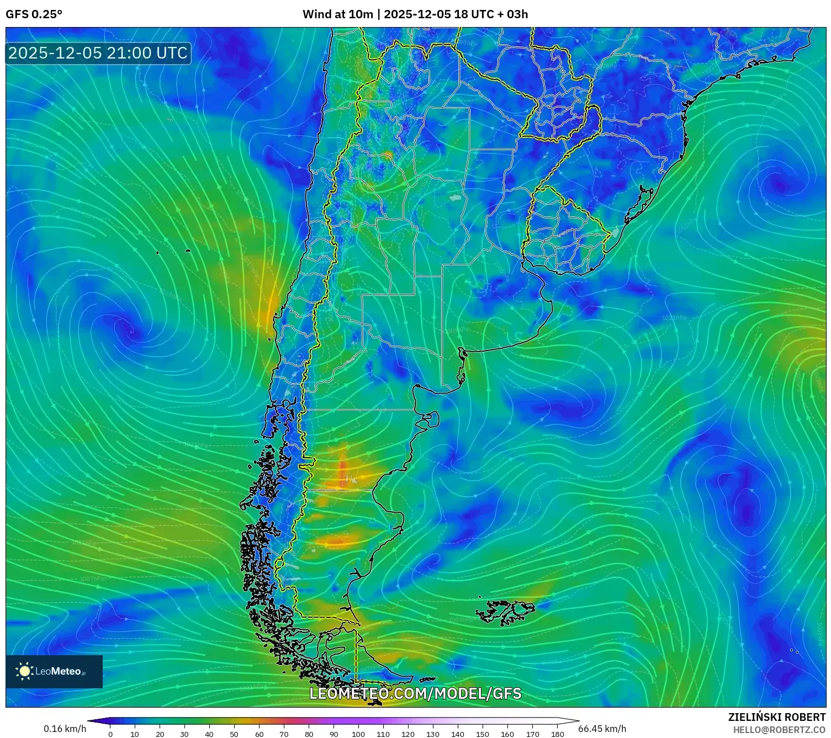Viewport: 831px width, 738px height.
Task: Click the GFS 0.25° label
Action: [x=34, y=14]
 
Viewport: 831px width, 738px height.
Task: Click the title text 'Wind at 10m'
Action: [x=337, y=14]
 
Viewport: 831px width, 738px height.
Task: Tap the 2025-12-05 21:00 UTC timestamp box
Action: [x=98, y=53]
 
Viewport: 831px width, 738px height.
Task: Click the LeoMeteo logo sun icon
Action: [x=25, y=671]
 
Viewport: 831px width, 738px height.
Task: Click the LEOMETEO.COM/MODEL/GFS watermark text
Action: [x=415, y=693]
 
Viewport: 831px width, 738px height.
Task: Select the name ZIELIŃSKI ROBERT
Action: [x=777, y=717]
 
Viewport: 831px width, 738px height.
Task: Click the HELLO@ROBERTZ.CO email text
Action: [x=779, y=730]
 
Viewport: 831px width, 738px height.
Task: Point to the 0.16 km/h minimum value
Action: [x=65, y=729]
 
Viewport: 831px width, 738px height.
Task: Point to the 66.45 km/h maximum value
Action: [x=602, y=729]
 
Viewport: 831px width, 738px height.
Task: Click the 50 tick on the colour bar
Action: [x=234, y=734]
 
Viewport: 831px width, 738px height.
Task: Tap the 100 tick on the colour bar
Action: [x=358, y=734]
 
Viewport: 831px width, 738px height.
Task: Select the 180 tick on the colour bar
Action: [x=557, y=734]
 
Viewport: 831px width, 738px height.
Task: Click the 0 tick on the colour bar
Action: [x=110, y=734]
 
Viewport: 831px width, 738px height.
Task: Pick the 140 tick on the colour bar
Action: [x=458, y=734]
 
